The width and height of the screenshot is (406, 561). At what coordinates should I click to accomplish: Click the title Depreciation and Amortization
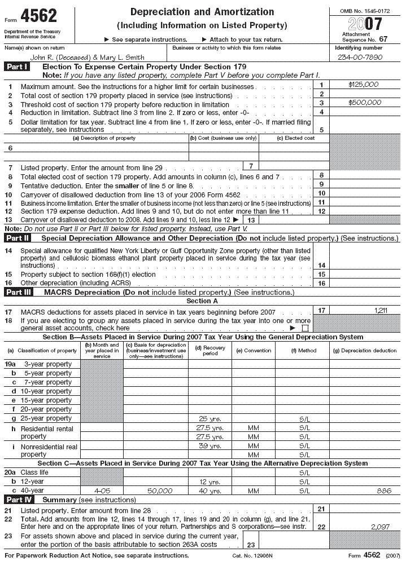[202, 12]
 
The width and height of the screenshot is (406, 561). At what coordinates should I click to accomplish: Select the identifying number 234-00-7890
[360, 58]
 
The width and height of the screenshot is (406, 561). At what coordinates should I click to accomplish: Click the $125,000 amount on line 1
[364, 85]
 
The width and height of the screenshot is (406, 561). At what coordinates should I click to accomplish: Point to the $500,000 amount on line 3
[365, 103]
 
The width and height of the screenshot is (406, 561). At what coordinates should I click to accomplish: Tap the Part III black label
[18, 293]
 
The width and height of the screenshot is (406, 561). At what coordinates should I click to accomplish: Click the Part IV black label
[18, 500]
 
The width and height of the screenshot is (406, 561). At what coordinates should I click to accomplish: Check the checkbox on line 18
[305, 328]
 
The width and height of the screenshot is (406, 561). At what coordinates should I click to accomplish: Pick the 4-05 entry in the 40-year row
[102, 491]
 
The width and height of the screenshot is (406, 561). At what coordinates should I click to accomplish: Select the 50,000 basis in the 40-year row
[155, 491]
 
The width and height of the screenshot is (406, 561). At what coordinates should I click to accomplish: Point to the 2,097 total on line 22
[382, 527]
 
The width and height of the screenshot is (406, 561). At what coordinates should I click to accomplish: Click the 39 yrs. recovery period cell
[209, 446]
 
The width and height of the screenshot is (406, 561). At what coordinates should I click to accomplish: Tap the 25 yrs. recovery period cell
[209, 419]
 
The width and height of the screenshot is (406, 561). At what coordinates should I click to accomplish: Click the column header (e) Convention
[253, 350]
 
